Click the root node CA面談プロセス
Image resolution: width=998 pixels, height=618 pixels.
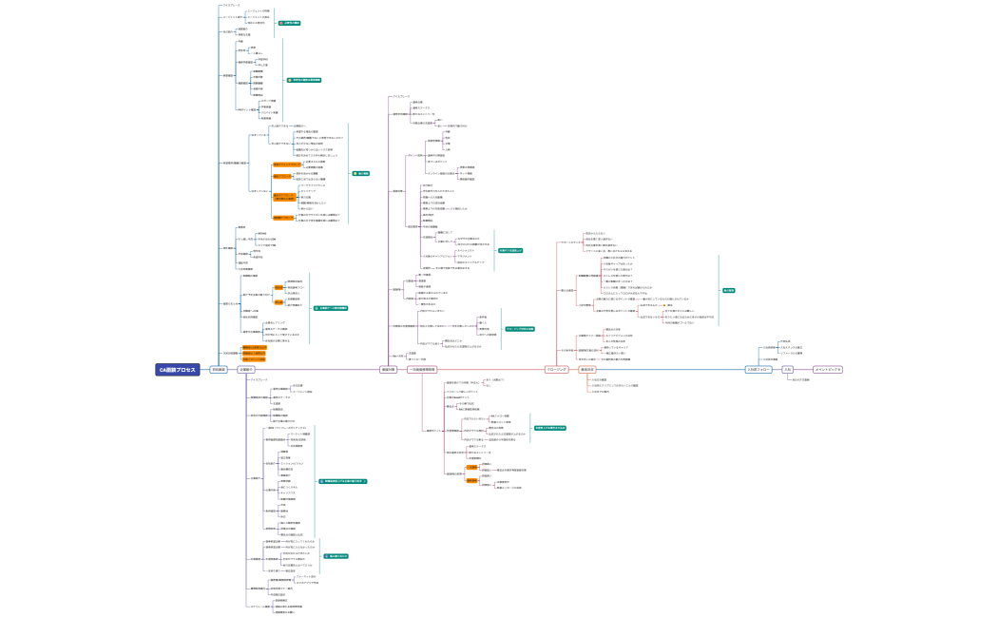pos(177,370)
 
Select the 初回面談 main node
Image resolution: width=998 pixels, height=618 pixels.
pos(219,370)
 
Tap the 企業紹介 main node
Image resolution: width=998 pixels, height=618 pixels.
pos(245,370)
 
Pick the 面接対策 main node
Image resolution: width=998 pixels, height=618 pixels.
pos(388,370)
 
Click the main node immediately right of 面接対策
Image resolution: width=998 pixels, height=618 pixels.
pos(422,370)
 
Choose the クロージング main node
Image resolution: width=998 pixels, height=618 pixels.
pos(557,370)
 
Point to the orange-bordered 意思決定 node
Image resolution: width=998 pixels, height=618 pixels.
pos(586,370)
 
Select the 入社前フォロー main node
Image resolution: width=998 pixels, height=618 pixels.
pos(758,370)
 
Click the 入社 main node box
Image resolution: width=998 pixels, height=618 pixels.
pos(788,370)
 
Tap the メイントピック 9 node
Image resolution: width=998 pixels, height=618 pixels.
pos(828,370)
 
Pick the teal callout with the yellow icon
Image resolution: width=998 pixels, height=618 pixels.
pos(361,173)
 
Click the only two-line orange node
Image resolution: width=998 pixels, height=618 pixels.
pos(284,197)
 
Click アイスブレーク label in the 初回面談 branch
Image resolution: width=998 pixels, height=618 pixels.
pos(232,5)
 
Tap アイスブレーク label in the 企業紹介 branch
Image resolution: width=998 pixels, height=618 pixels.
pos(259,379)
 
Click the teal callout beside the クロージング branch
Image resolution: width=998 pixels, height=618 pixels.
pos(728,290)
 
